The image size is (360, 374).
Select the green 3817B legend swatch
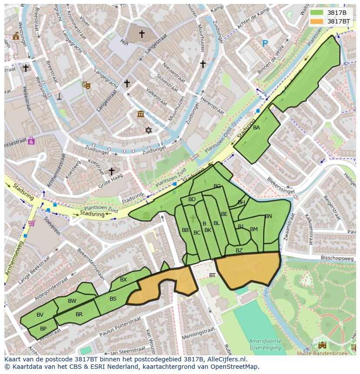pyautogui.click(x=317, y=13)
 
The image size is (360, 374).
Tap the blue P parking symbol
pyautogui.click(x=265, y=43)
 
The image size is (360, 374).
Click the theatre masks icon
pyautogui.click(x=86, y=85)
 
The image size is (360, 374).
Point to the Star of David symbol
pyautogui.click(x=149, y=130)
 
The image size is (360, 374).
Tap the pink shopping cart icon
pyautogui.click(x=32, y=223)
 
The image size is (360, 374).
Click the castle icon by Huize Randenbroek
pyautogui.click(x=322, y=345)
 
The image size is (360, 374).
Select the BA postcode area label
pyautogui.click(x=257, y=128)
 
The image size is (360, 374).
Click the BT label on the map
pyautogui.click(x=212, y=275)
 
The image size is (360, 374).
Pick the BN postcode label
pyautogui.click(x=268, y=216)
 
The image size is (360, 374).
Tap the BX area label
pyautogui.click(x=123, y=280)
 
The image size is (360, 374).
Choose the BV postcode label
pyautogui.click(x=40, y=315)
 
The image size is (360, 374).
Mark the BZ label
pyautogui.click(x=239, y=251)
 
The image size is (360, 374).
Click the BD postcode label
pyautogui.click(x=192, y=199)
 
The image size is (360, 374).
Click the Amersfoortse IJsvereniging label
pyautogui.click(x=265, y=344)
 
